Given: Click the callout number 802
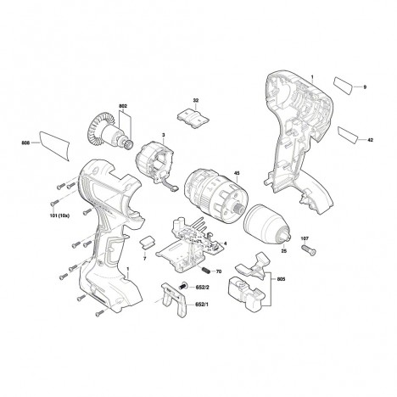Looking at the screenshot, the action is pos(123,106).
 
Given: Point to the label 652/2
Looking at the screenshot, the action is pos(203,288).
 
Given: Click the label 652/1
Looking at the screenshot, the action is pos(203,305).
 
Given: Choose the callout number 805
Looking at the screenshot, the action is pos(281,279).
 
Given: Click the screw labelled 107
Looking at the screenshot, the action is pos(308,250).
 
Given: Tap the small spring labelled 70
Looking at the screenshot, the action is pos(206,270).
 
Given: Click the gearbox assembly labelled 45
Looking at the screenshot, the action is pos(217,194).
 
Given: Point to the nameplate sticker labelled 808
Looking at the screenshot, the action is pos(54,145).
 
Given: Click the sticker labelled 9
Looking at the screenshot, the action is pos(344,85).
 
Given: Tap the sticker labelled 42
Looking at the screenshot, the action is pos(348,134).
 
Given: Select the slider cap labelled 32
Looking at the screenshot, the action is pos(193,117).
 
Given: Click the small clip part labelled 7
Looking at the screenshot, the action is pos(148,243).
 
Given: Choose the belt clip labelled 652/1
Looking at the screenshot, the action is pos(174,299).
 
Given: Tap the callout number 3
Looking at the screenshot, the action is pos(163,136).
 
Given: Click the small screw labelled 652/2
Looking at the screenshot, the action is pos(184,286).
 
